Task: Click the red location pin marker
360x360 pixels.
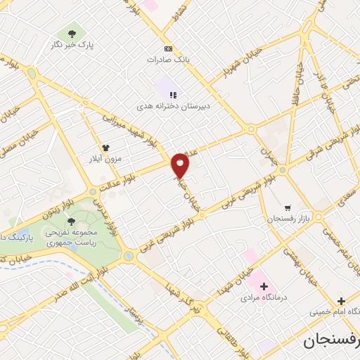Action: tap(181, 165)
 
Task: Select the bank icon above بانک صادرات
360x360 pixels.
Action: tap(167, 49)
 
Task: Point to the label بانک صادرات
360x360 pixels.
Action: tap(168, 60)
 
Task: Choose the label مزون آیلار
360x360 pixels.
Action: tap(106, 159)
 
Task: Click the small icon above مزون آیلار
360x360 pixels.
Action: tap(106, 148)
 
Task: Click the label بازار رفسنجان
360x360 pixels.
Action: tap(287, 219)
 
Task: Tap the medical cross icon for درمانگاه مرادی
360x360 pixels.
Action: tap(264, 286)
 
